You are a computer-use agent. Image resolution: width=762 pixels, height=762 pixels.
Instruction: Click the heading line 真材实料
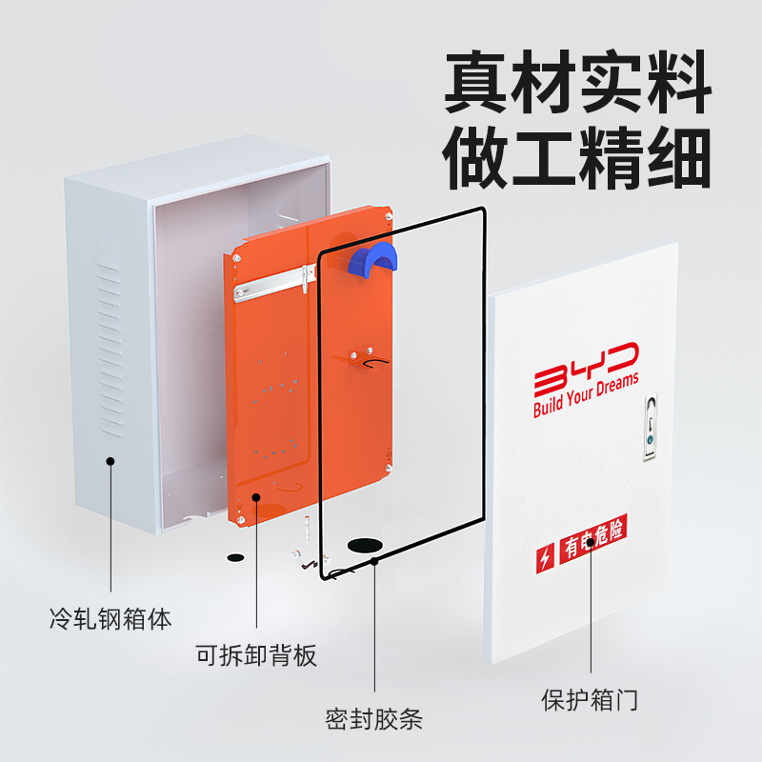[577, 85]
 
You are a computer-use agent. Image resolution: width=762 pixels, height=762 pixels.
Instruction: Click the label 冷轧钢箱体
[110, 619]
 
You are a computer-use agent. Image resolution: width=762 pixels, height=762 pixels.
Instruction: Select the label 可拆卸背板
[256, 656]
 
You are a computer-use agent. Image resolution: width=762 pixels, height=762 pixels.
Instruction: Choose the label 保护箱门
[591, 701]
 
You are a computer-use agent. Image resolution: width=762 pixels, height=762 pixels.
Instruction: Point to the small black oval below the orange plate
[235, 556]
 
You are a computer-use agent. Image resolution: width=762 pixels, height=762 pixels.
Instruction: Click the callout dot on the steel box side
[110, 461]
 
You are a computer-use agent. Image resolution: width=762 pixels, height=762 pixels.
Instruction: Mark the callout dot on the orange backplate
[256, 496]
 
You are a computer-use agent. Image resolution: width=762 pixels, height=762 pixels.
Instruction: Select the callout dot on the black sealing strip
[375, 561]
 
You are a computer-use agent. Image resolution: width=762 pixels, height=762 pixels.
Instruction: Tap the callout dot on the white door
[591, 543]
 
